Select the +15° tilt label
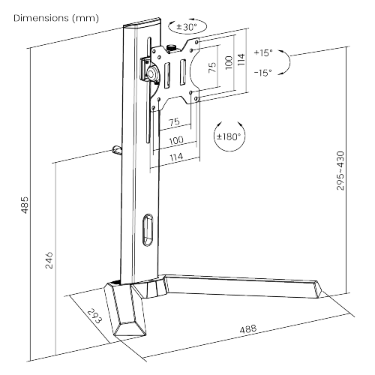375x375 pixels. click(263, 53)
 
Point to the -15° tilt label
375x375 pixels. click(263, 72)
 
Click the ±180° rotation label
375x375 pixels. click(230, 137)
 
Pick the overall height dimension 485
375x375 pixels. click(24, 204)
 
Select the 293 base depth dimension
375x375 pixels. click(93, 316)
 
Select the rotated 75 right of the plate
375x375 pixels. click(211, 67)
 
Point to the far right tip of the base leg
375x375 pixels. click(320, 290)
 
